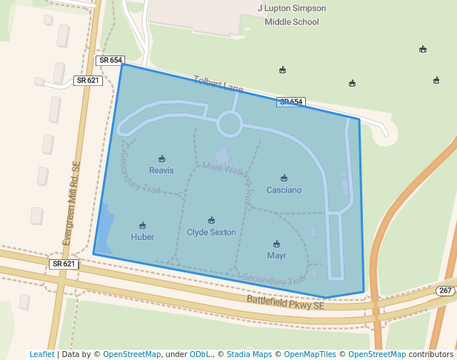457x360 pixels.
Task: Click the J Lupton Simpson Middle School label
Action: pyautogui.click(x=291, y=15)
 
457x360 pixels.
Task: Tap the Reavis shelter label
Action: pyautogui.click(x=161, y=170)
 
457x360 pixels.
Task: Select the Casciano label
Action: pyautogui.click(x=284, y=190)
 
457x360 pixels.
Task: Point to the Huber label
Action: pyautogui.click(x=143, y=237)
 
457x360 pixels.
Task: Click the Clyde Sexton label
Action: pyautogui.click(x=211, y=232)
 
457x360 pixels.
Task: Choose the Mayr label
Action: pyautogui.click(x=276, y=256)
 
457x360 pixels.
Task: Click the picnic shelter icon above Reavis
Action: pyautogui.click(x=161, y=159)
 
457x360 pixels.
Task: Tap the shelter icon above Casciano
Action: pyautogui.click(x=284, y=178)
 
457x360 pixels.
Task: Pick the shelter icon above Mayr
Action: pyautogui.click(x=276, y=244)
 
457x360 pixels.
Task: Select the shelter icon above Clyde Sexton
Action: pyautogui.click(x=211, y=220)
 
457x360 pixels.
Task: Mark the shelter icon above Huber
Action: pyautogui.click(x=143, y=225)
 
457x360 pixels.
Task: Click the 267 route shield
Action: pyautogui.click(x=445, y=290)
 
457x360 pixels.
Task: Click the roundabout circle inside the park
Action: pyautogui.click(x=229, y=124)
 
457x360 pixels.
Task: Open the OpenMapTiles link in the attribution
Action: pyautogui.click(x=309, y=354)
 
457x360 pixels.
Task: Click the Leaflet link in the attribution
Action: pyautogui.click(x=42, y=354)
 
